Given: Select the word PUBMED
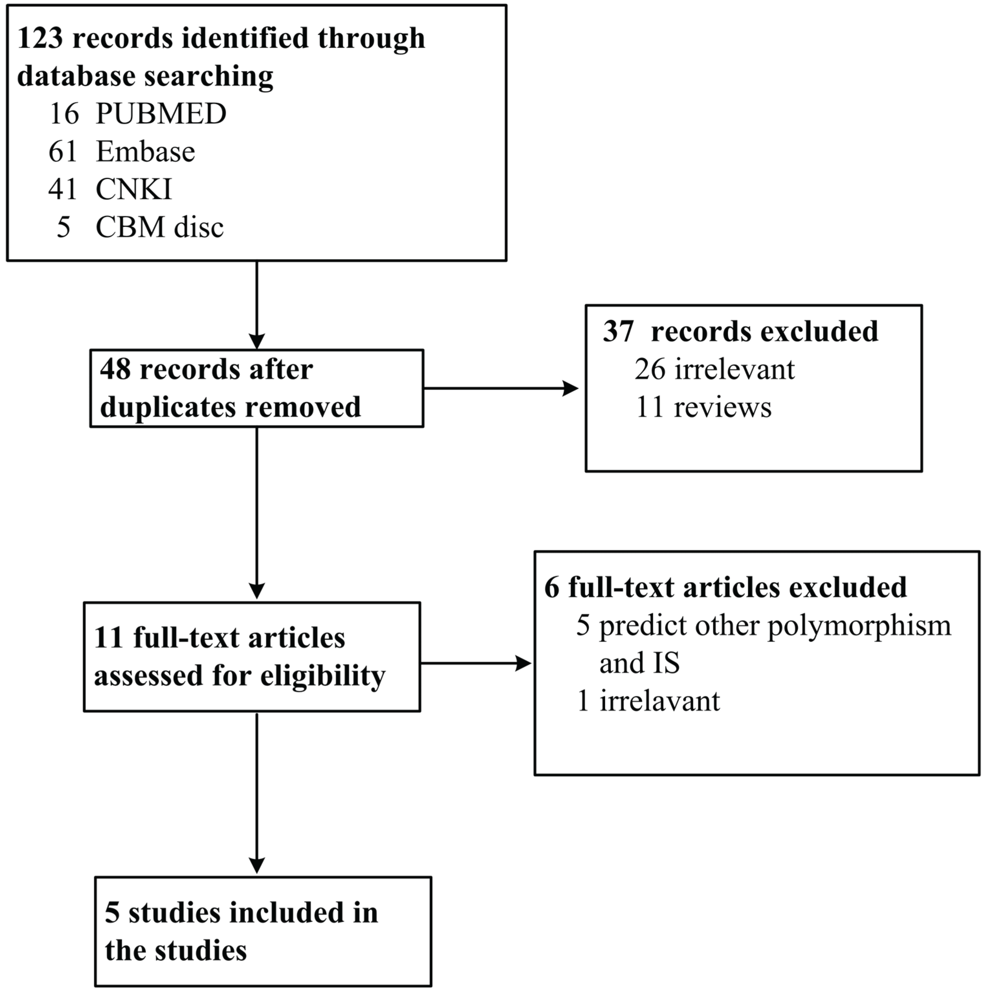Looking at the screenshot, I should [161, 113].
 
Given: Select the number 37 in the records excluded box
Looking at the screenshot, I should [618, 331].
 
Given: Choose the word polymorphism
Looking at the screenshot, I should [859, 626].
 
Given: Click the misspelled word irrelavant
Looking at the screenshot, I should [659, 701].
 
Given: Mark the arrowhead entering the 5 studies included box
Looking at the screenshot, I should [257, 866].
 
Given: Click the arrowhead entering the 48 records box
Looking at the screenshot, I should [257, 341].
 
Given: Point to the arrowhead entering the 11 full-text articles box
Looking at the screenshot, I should [257, 591].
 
